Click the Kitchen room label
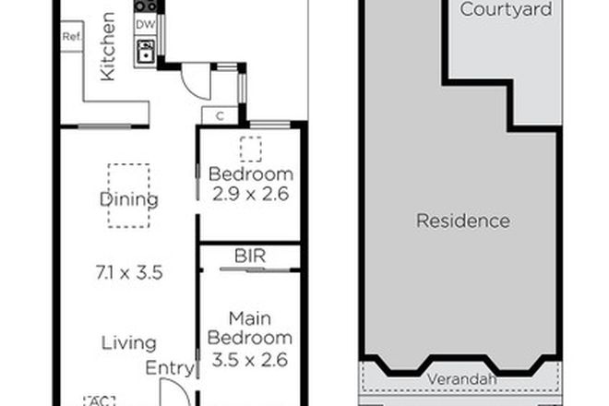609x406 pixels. (x=108, y=46)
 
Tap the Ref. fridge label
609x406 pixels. (x=71, y=38)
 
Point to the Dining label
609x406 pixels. (x=129, y=199)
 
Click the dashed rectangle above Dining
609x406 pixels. (x=128, y=195)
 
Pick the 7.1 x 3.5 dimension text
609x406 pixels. (x=129, y=272)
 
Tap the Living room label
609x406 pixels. (x=129, y=343)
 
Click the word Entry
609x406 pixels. (x=170, y=368)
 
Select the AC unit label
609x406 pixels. (x=96, y=400)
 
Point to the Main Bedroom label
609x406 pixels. (x=250, y=328)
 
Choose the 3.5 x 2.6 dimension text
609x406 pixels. (x=250, y=360)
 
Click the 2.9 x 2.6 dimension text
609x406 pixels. (x=250, y=195)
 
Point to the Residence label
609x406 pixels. (x=462, y=221)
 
